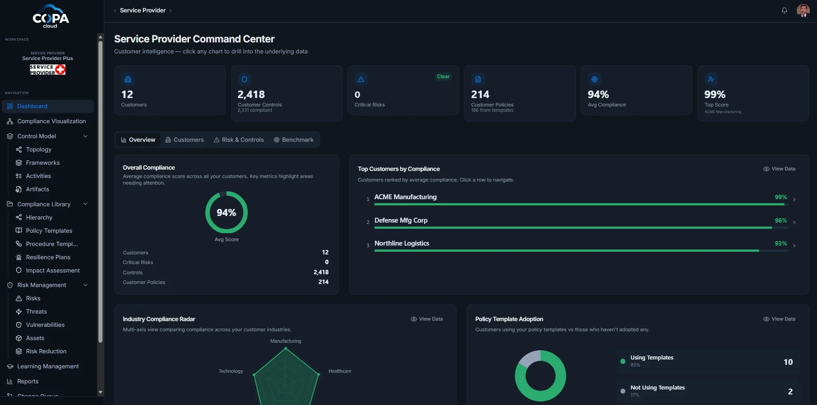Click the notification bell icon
click(x=784, y=10)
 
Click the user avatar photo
click(x=803, y=10)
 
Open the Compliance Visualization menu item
click(x=51, y=121)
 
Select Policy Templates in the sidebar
click(x=49, y=231)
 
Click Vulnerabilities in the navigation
click(x=45, y=325)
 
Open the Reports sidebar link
click(x=28, y=381)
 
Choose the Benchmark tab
click(x=294, y=140)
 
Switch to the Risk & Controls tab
click(x=239, y=140)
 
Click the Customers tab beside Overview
click(x=185, y=140)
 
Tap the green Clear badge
click(x=443, y=76)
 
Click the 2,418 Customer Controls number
click(x=251, y=95)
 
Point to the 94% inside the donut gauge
click(x=226, y=212)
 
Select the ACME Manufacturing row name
click(x=405, y=197)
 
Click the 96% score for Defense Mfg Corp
click(x=781, y=220)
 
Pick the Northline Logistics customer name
click(x=402, y=243)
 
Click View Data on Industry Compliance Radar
click(x=427, y=319)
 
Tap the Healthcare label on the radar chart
click(x=340, y=371)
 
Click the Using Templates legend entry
click(x=652, y=358)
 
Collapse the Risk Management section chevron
click(x=86, y=285)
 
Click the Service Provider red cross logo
click(x=61, y=70)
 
